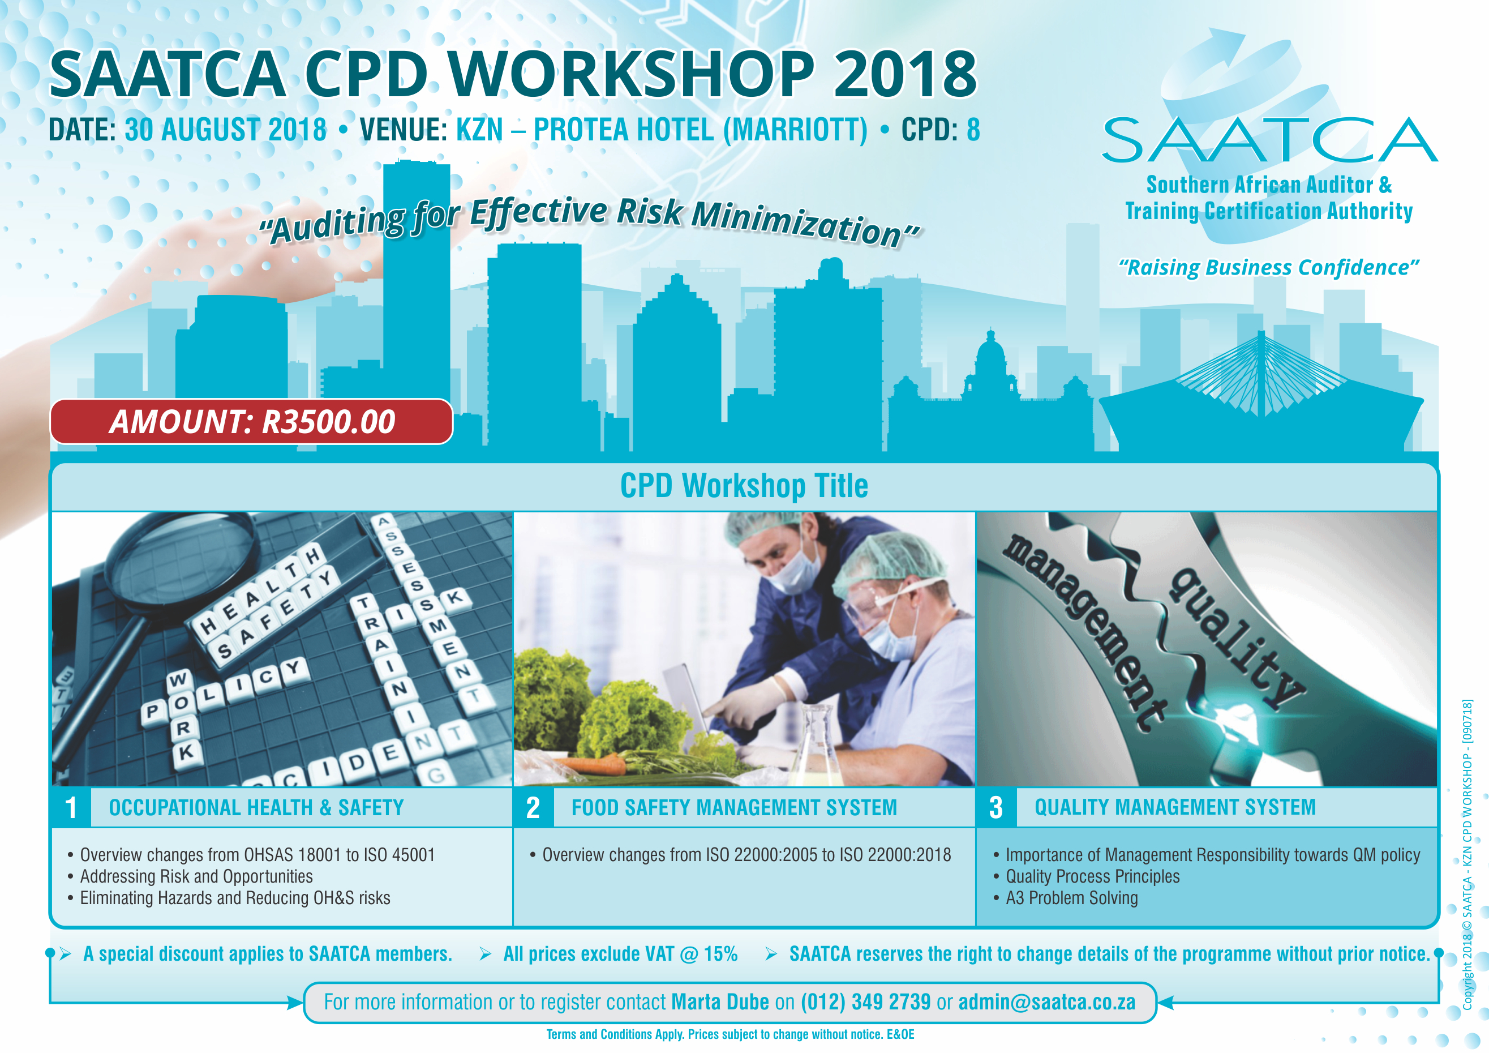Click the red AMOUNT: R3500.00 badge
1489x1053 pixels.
tap(252, 421)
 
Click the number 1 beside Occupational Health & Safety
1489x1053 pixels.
tap(71, 808)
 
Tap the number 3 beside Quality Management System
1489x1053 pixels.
tap(995, 808)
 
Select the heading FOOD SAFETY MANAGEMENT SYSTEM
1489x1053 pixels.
tap(734, 808)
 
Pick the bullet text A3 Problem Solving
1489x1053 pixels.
tap(1071, 898)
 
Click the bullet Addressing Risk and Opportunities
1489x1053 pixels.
tap(196, 876)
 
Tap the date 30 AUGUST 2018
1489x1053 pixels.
tap(226, 130)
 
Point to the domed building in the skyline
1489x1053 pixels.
tap(990, 363)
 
